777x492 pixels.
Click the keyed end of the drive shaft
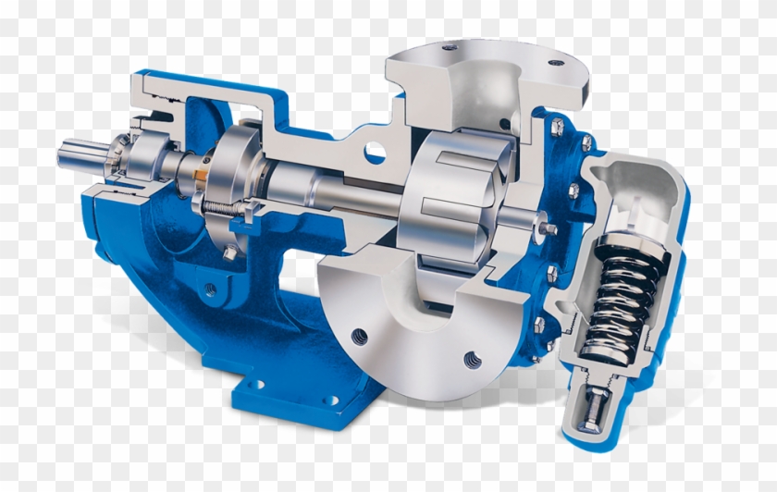(x=78, y=154)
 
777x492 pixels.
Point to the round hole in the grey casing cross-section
(x=375, y=151)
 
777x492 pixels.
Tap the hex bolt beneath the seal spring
(x=229, y=252)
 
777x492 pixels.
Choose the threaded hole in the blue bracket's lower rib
(x=211, y=290)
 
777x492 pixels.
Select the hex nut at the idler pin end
(x=549, y=227)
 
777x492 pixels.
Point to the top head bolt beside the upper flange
(x=586, y=141)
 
